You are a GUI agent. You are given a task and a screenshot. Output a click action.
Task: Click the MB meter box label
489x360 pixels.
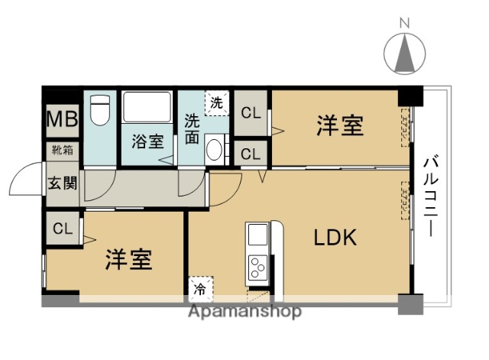coord(60,119)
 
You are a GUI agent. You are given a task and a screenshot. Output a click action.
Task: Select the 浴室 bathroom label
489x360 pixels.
coord(147,141)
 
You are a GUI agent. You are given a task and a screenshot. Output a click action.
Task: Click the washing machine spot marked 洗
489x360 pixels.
coord(217,102)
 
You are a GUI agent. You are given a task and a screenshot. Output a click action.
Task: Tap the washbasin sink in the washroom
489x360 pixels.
coord(216,148)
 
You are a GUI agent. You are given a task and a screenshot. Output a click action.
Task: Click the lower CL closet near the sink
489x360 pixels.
coord(250,153)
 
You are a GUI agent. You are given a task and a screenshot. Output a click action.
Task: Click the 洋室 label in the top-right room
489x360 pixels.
coord(339,125)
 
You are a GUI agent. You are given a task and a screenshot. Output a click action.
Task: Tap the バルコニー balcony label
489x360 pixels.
coord(430,194)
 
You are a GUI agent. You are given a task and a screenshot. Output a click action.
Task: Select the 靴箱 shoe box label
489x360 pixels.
coord(62,150)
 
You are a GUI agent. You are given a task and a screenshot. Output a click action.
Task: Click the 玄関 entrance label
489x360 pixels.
coord(61,183)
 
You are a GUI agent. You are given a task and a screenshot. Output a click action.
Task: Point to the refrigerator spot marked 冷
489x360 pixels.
coord(201,289)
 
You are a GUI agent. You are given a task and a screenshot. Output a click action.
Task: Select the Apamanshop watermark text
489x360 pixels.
coord(244,311)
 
